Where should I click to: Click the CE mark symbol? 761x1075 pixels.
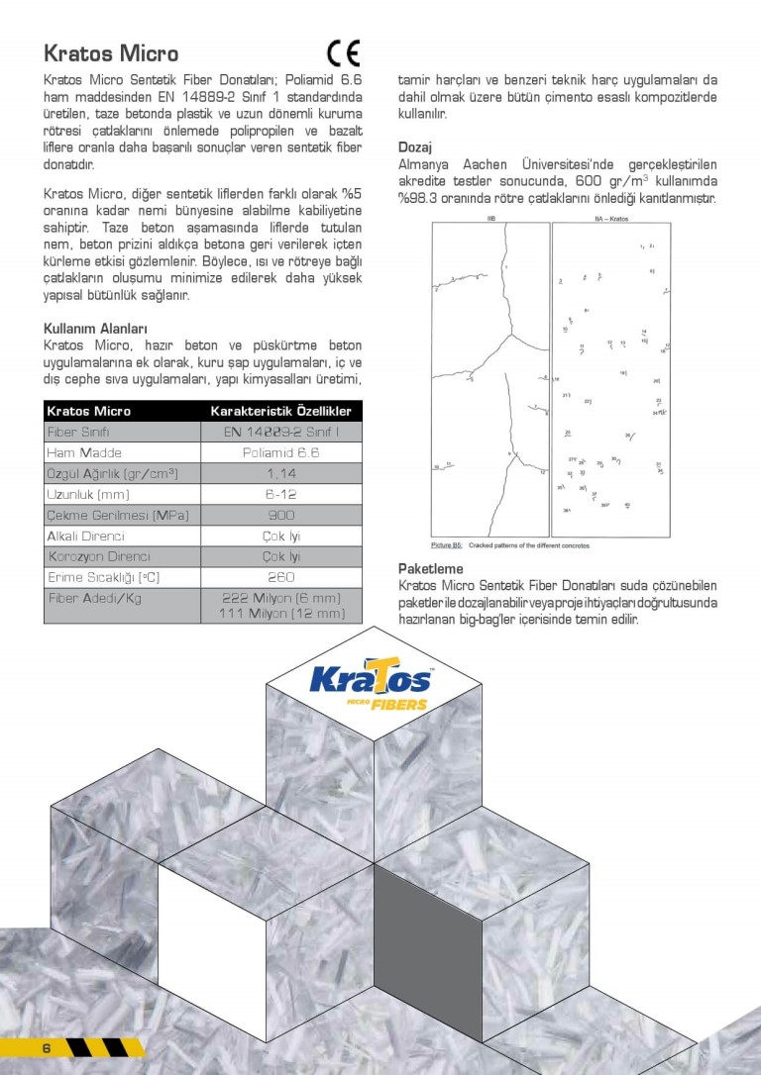pyautogui.click(x=344, y=52)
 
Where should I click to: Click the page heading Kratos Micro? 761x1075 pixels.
pyautogui.click(x=111, y=53)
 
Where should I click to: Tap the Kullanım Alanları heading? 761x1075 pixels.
pyautogui.click(x=96, y=328)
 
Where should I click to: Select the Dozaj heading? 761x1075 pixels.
pyautogui.click(x=414, y=147)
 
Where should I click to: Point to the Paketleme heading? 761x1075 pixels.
pyautogui.click(x=431, y=569)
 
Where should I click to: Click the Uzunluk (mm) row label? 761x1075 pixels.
pyautogui.click(x=88, y=494)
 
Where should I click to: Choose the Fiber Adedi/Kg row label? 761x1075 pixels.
pyautogui.click(x=96, y=599)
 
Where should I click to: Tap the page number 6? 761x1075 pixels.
pyautogui.click(x=46, y=1048)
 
